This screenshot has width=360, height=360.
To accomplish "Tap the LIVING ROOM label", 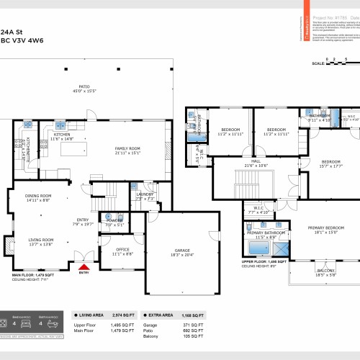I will tap(40, 240).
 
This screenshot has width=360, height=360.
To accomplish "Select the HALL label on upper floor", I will tap(256, 161).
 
